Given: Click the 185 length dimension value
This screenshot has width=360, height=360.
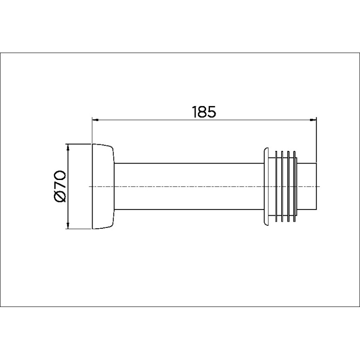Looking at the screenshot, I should coord(203,112).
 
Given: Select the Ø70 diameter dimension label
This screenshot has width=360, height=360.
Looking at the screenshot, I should coord(60,186).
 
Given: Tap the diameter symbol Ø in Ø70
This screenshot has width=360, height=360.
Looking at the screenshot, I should coord(60,197).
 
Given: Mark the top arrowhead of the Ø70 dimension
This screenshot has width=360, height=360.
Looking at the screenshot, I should coord(67,147).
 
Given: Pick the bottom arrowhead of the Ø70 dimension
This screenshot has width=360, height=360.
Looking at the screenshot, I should coord(67,225).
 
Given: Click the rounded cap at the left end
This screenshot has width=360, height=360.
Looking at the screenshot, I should coord(103,186).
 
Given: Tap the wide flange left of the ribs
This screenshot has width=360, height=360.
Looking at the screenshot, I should coord(266,186).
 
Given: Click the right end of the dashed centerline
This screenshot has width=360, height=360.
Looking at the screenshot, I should coord(319,187).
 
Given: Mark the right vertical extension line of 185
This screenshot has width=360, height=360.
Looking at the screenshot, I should coord(316,139).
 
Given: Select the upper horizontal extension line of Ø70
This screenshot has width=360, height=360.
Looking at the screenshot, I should coord(78,143).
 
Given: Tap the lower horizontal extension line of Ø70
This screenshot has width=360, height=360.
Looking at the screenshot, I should coord(78,229).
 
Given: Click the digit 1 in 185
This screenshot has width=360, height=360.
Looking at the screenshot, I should coord(194,112).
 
